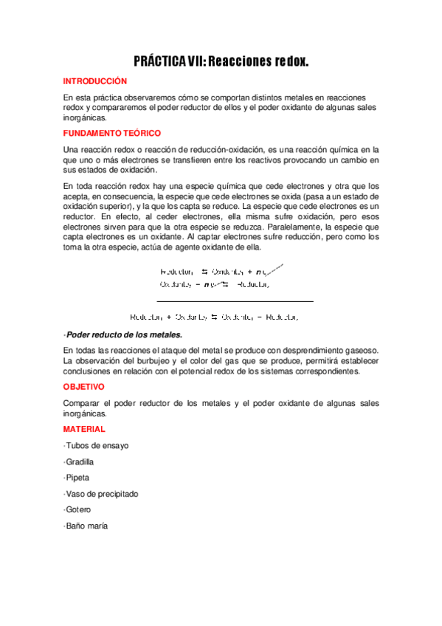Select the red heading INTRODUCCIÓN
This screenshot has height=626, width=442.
tap(95, 81)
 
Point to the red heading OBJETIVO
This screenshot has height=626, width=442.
tap(84, 386)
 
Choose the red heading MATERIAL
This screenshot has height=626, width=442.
tap(84, 429)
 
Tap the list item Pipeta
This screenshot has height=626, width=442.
tap(77, 478)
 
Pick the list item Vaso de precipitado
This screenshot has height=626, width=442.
tap(101, 494)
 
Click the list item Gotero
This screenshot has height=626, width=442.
tap(77, 509)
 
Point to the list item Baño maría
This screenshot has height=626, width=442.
tap(86, 526)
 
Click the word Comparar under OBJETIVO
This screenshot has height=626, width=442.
tap(81, 403)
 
